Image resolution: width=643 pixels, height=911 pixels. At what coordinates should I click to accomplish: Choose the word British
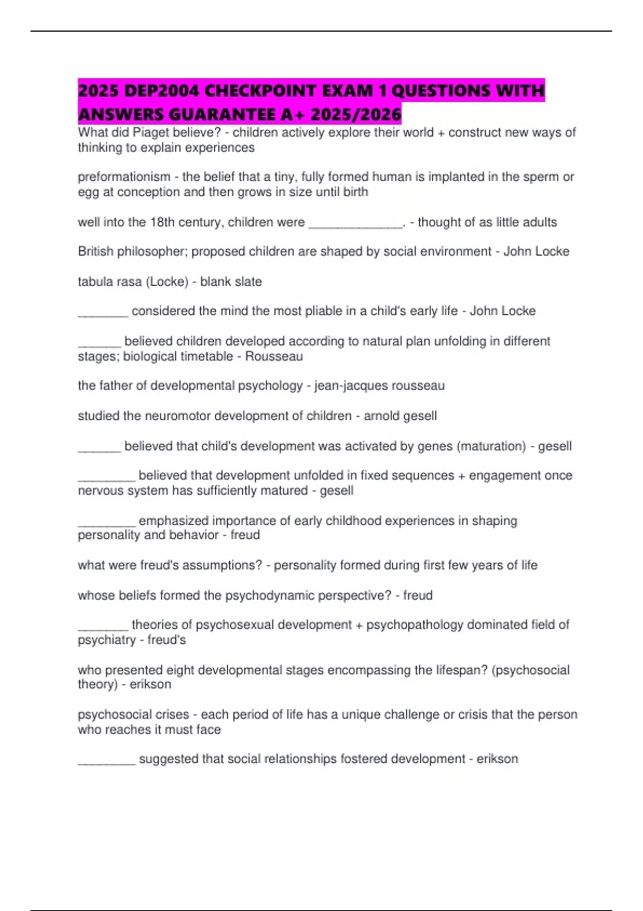(x=95, y=251)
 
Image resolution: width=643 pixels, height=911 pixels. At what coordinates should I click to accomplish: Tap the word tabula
(x=94, y=282)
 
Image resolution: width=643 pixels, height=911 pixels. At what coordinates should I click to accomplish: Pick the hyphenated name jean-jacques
(x=351, y=386)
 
